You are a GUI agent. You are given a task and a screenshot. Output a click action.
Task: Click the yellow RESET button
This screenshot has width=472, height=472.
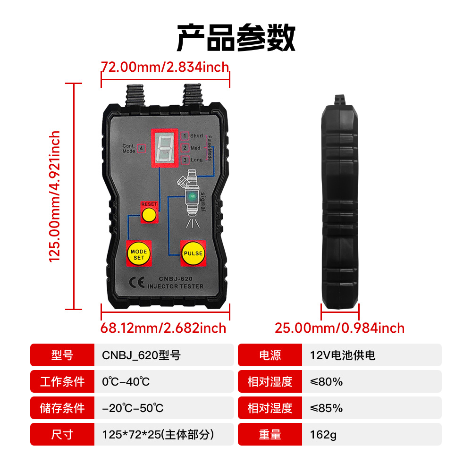[149, 215]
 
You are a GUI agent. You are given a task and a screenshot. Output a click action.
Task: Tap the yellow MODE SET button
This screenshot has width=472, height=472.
[139, 254]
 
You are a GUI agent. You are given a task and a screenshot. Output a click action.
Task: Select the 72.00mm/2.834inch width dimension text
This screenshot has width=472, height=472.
[165, 67]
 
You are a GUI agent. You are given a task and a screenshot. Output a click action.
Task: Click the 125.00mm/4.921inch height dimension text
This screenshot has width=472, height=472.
[55, 196]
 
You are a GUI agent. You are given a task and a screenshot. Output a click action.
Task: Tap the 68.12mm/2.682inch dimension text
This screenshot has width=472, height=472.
[163, 328]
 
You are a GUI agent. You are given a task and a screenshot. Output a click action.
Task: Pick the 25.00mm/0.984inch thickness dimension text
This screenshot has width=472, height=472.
[340, 328]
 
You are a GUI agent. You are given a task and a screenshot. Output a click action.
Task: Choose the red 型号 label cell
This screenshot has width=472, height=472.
[62, 355]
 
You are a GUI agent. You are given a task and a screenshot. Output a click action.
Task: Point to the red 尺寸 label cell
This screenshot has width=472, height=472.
[62, 435]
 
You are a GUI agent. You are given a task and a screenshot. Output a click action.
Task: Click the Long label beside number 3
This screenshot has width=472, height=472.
[196, 160]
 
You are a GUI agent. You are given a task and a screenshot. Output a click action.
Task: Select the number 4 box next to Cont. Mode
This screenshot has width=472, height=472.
[142, 148]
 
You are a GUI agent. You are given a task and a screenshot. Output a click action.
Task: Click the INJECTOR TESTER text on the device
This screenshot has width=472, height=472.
[175, 287]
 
